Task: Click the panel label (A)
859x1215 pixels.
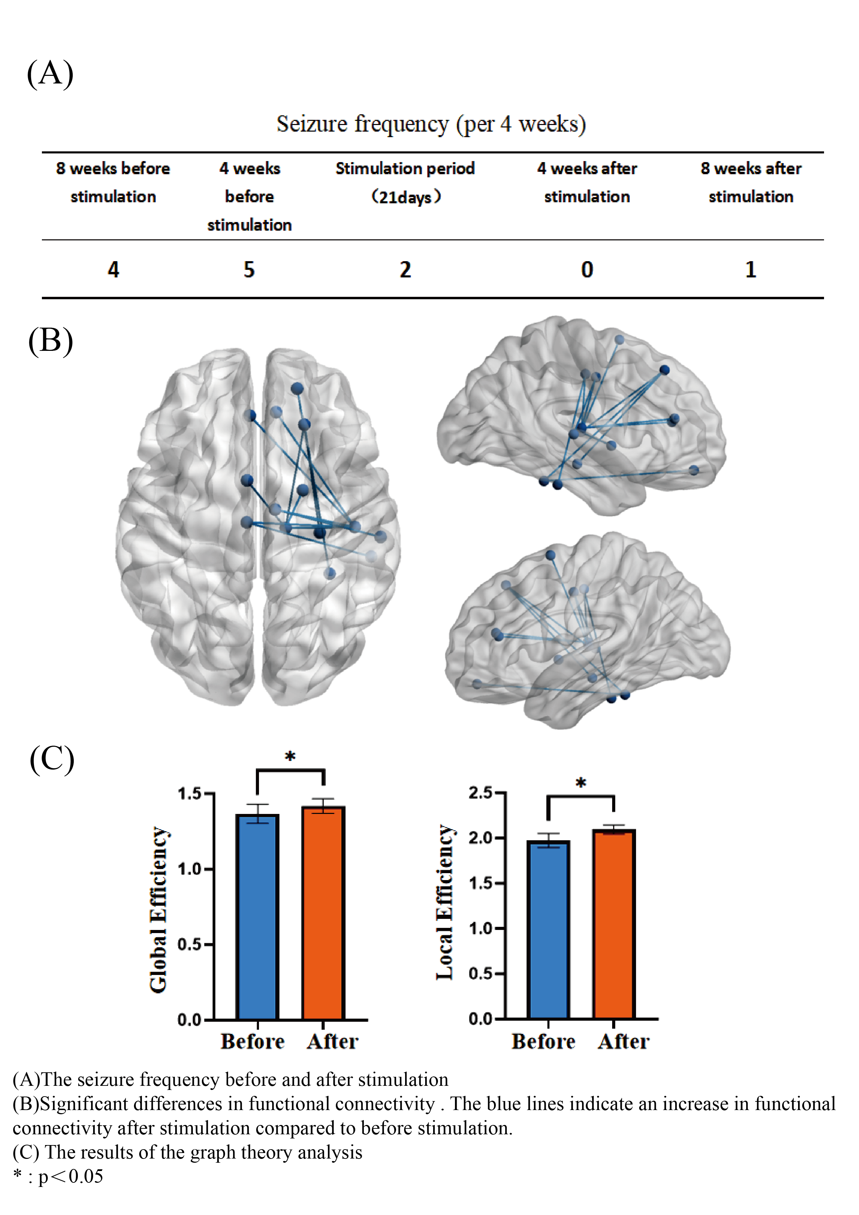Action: tap(50, 73)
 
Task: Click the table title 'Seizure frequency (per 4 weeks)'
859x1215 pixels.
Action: tap(431, 124)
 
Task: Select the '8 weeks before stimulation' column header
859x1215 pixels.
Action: tap(113, 183)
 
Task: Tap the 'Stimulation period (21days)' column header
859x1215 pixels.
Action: tap(405, 183)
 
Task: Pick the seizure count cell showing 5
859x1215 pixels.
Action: tap(249, 270)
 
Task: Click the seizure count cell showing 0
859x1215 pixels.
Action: tap(587, 270)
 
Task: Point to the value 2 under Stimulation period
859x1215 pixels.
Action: tap(405, 270)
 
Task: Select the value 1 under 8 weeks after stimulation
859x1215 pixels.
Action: tap(751, 270)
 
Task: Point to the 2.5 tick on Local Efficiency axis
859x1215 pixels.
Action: tap(480, 793)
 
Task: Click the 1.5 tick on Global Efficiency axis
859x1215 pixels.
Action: tap(189, 794)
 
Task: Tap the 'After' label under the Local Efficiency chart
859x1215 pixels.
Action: tap(623, 1041)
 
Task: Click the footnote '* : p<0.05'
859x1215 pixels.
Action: tap(58, 1176)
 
